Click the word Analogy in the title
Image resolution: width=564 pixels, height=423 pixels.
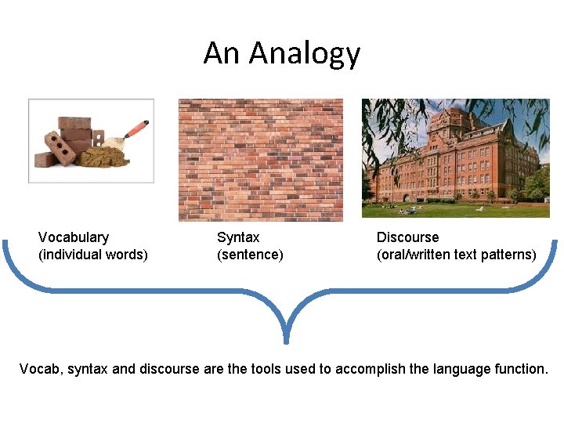(305, 53)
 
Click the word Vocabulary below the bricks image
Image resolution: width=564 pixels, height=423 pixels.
(74, 237)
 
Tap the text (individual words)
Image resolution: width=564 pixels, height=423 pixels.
(93, 255)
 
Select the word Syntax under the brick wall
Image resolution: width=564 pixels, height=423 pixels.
(238, 237)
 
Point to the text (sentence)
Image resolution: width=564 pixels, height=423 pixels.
(250, 255)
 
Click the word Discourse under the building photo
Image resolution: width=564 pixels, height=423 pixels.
(407, 237)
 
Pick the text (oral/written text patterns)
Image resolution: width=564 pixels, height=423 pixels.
(457, 255)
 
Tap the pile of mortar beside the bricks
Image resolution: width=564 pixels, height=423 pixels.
(106, 157)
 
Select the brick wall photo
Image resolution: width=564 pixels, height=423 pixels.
(260, 159)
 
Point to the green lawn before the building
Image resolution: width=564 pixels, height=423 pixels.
(470, 210)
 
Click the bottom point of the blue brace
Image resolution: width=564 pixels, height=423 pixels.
(286, 340)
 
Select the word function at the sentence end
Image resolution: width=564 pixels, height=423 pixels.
(521, 368)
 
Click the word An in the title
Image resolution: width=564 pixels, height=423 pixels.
(222, 53)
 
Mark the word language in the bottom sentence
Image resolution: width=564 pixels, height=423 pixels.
(461, 368)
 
